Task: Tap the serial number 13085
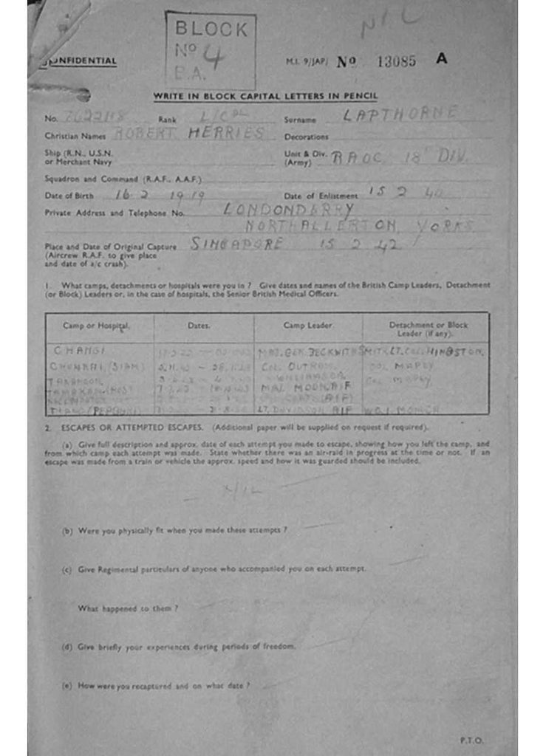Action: coord(396,61)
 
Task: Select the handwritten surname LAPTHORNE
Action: coord(400,114)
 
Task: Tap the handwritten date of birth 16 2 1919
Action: coord(160,195)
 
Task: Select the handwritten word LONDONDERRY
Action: coord(288,209)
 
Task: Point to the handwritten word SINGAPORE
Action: coord(236,244)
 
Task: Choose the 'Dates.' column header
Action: coord(199,326)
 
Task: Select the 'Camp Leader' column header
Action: coord(307,326)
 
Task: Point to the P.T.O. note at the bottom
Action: coord(471,739)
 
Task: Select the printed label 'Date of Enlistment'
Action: coord(321,196)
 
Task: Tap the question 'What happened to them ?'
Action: coord(128,608)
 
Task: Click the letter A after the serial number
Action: coord(442,59)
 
